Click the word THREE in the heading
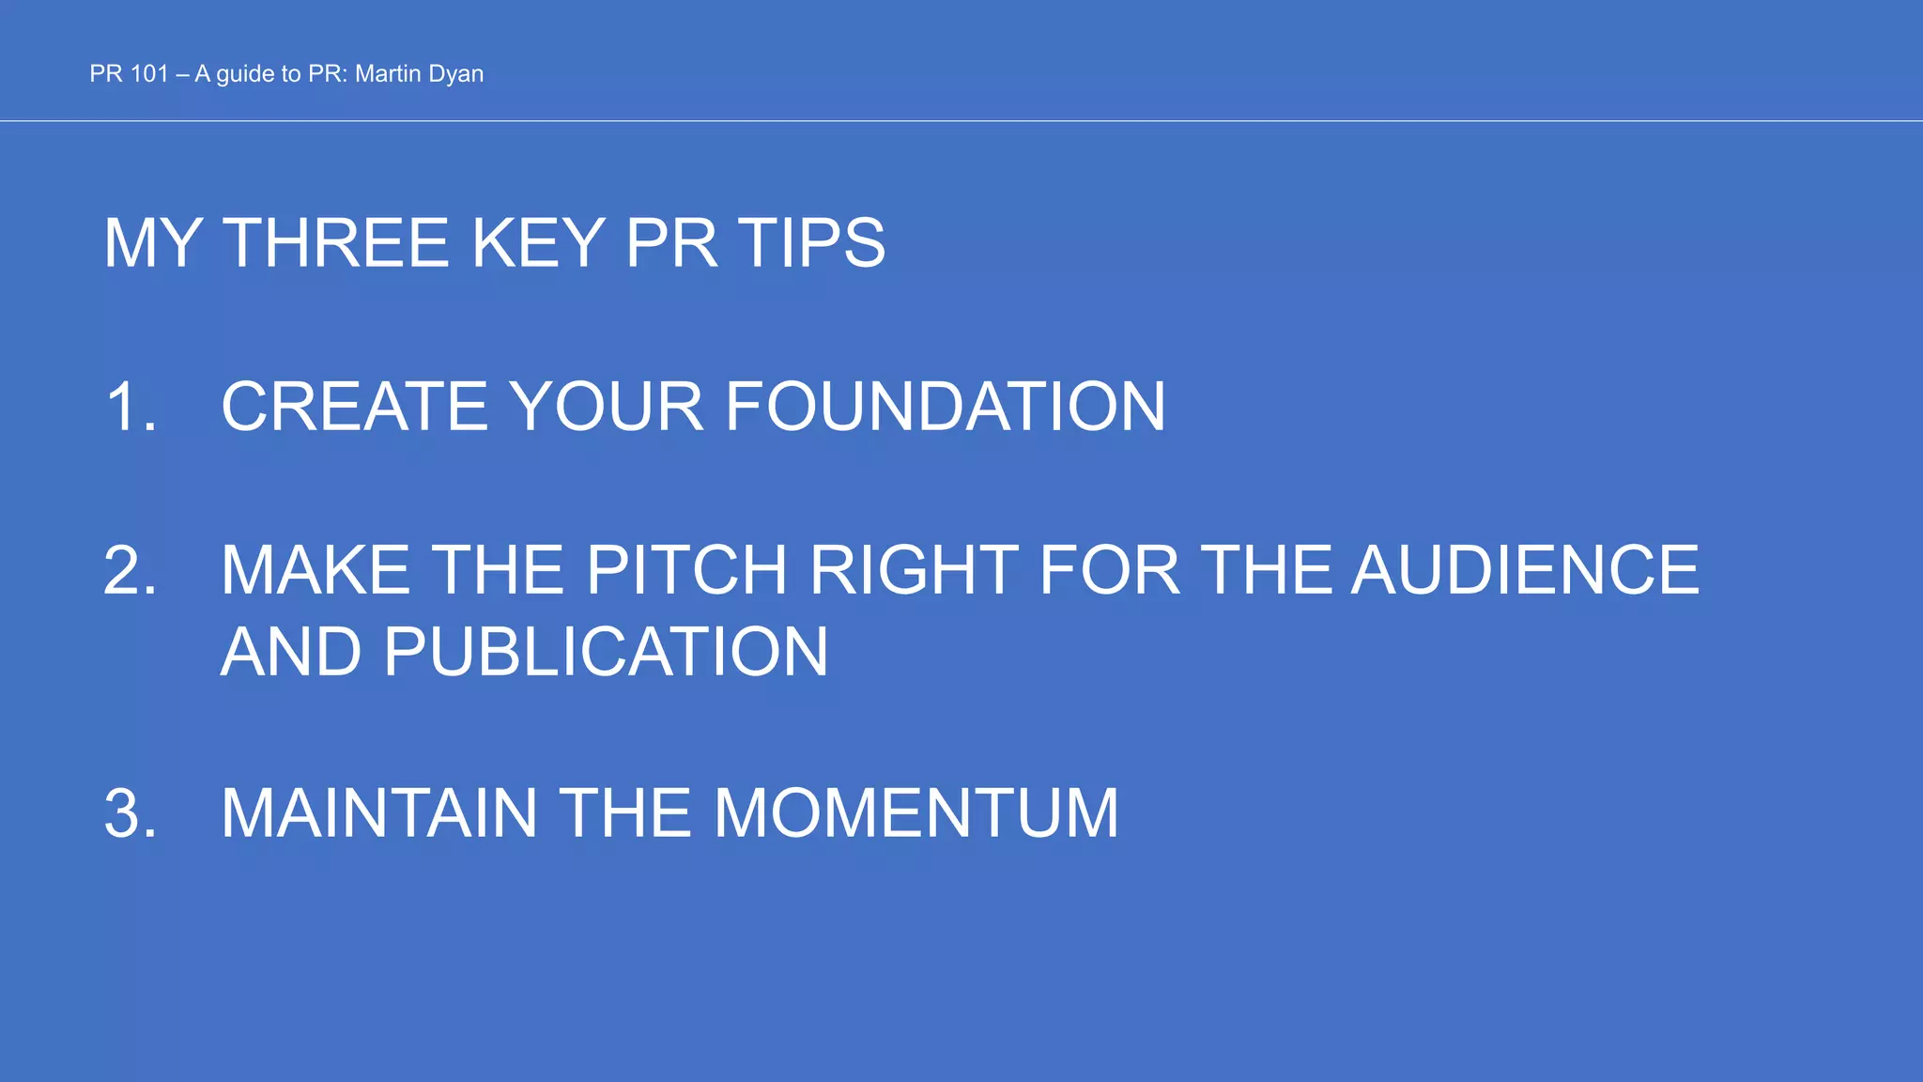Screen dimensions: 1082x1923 point(337,243)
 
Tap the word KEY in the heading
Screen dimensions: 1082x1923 point(538,243)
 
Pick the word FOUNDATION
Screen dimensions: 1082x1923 point(946,407)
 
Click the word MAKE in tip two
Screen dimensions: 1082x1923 point(315,570)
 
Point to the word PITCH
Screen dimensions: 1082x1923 point(687,570)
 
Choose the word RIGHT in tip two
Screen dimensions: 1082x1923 point(914,570)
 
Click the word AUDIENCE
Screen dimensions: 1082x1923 point(1525,570)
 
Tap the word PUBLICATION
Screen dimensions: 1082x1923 point(606,652)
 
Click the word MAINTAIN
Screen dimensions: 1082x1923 point(379,813)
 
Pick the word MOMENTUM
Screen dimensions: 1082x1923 point(915,813)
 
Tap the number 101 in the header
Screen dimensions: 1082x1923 point(149,74)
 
